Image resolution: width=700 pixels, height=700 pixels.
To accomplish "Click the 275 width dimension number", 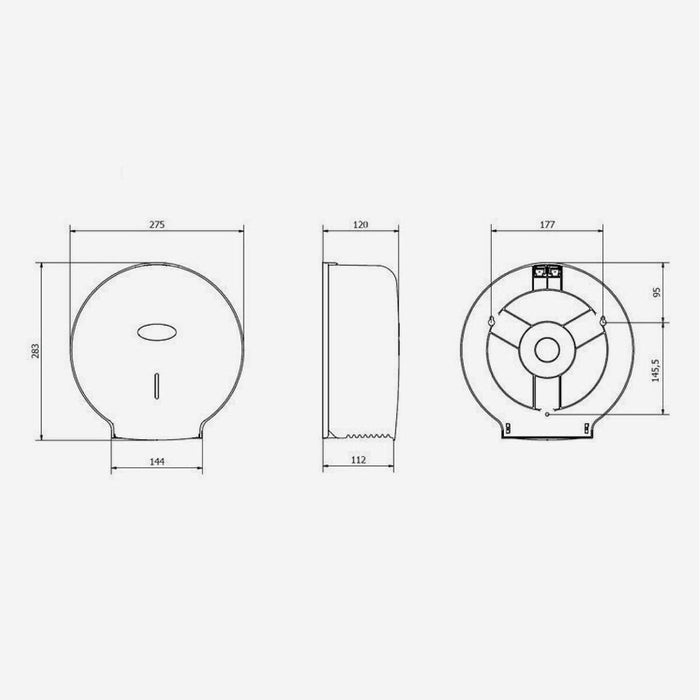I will [157, 225].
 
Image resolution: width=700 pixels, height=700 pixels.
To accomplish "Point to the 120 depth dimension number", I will [361, 225].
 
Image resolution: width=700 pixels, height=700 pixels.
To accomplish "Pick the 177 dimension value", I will [547, 225].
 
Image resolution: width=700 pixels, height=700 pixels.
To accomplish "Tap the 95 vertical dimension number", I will [658, 292].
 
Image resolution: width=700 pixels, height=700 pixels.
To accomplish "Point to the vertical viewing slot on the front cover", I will [157, 385].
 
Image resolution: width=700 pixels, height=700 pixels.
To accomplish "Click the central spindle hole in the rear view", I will [547, 350].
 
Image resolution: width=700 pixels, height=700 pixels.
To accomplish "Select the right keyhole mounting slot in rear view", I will [606, 322].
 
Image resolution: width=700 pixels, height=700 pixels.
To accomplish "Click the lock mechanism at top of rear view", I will [547, 272].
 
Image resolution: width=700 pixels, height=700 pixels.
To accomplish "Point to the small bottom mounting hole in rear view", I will [547, 410].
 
